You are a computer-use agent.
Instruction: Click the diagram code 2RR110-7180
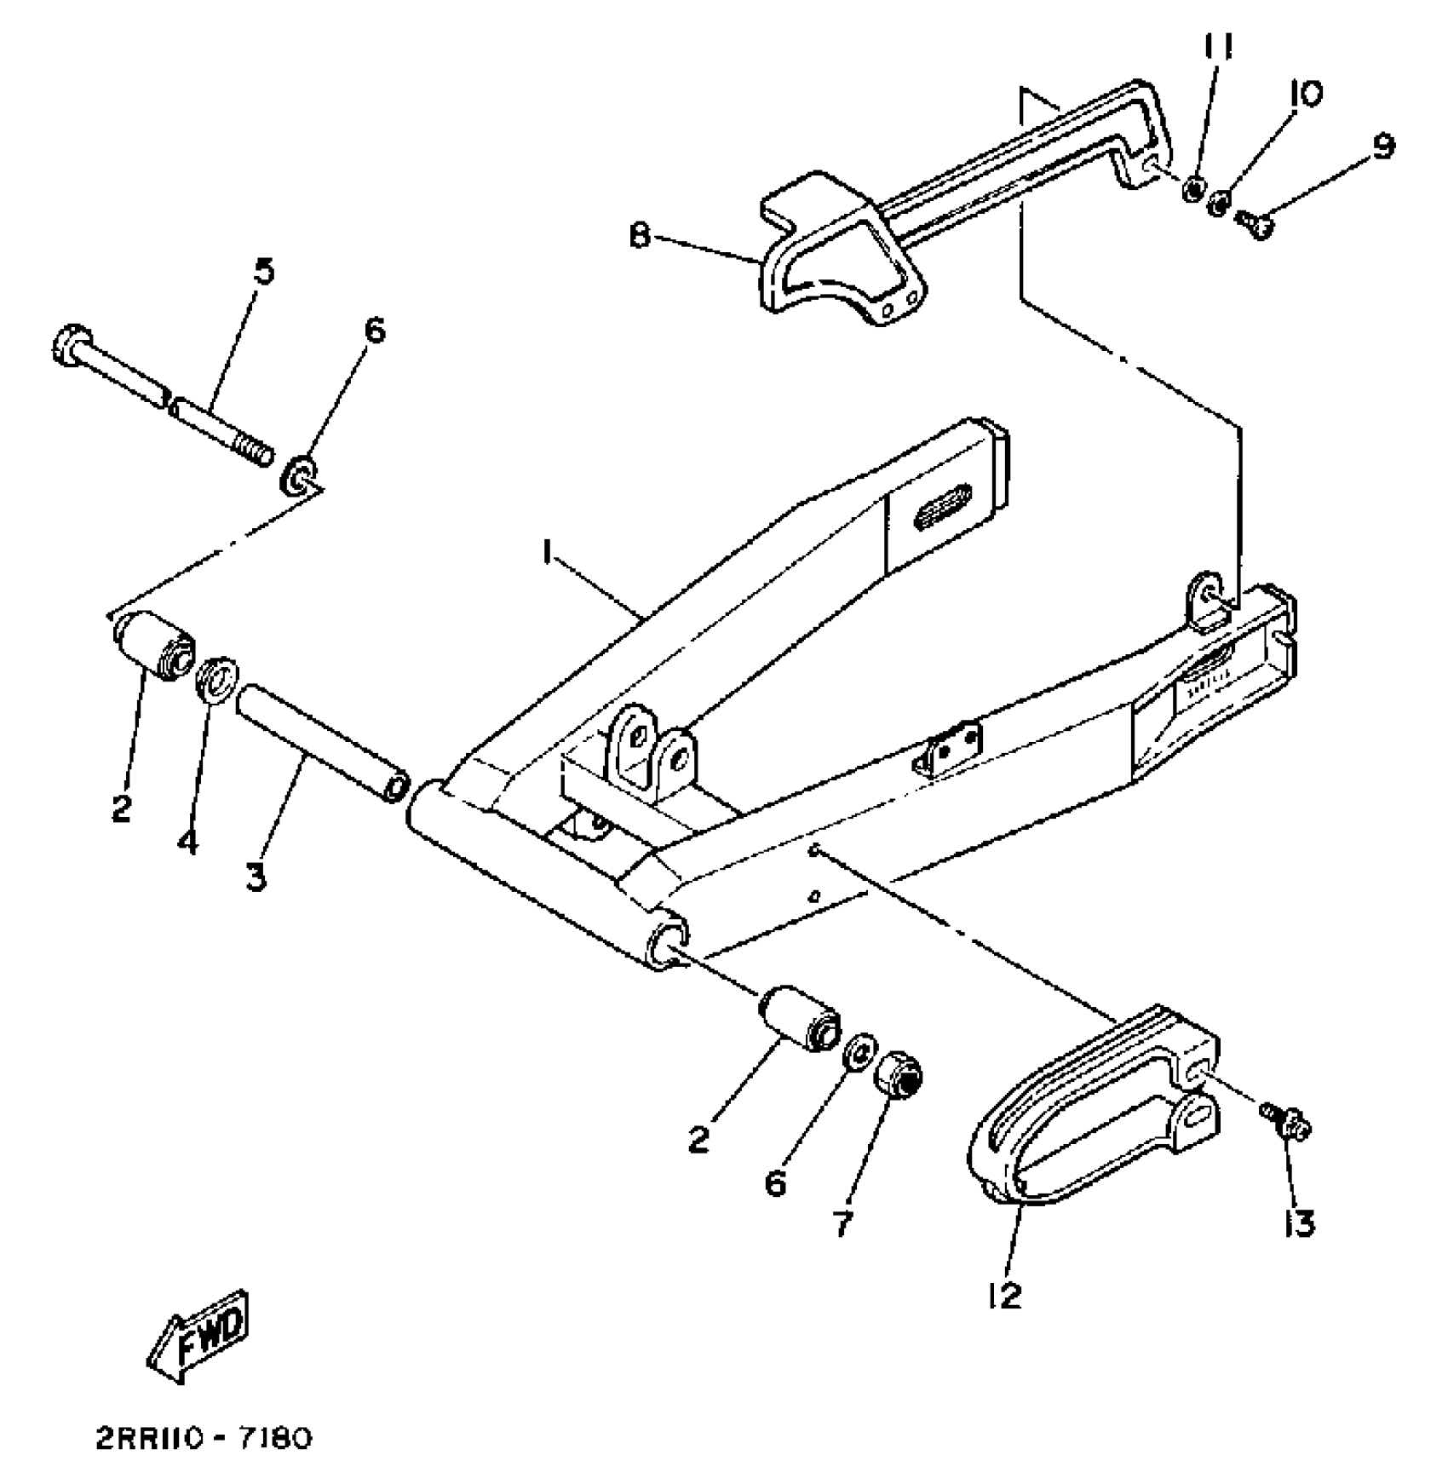(x=204, y=1440)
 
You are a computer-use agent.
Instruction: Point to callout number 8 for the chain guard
(x=641, y=235)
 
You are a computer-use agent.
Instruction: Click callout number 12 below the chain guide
(x=1004, y=1296)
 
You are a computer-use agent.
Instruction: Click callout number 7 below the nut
(x=841, y=1224)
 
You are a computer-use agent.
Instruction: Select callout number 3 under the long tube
(x=256, y=875)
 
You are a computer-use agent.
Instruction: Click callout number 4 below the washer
(x=188, y=842)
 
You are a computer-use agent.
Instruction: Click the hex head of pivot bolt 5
(x=69, y=344)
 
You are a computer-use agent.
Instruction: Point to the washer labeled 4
(x=217, y=677)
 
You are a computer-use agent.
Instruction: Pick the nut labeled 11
(x=1193, y=187)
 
